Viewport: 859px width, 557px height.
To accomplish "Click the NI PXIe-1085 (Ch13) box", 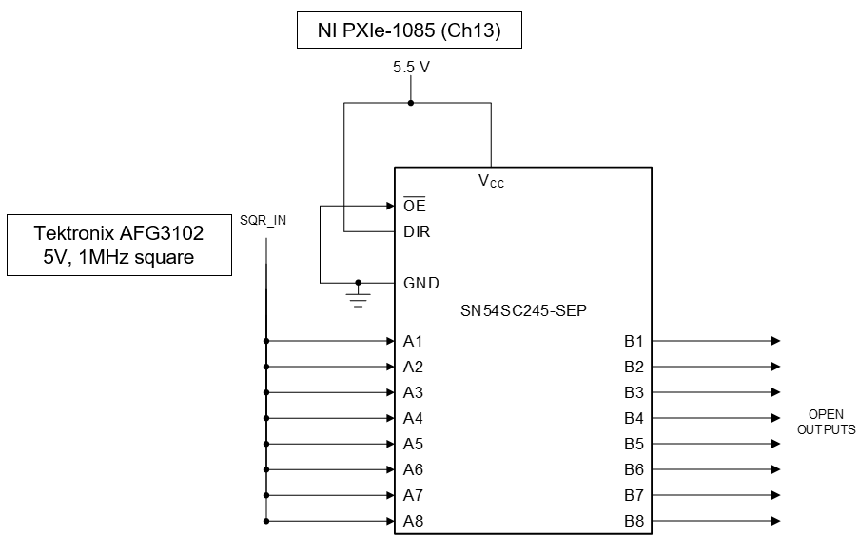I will pyautogui.click(x=409, y=33).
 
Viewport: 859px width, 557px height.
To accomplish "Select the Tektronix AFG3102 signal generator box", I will pyautogui.click(x=119, y=245).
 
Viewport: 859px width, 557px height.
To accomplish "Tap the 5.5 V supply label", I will pyautogui.click(x=410, y=69).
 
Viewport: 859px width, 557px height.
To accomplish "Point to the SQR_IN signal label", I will pyautogui.click(x=263, y=220).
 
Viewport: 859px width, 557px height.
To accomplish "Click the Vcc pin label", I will pyautogui.click(x=491, y=180).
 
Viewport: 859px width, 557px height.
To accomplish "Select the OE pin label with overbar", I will pyautogui.click(x=414, y=206).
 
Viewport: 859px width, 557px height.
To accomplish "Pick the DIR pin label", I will pyautogui.click(x=417, y=231).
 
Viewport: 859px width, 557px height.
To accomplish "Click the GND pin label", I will pyautogui.click(x=420, y=283).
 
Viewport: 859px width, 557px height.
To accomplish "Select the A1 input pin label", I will pyautogui.click(x=413, y=341).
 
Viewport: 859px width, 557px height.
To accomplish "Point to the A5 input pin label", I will pyautogui.click(x=413, y=444).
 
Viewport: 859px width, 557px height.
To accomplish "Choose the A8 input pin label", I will pyautogui.click(x=413, y=521).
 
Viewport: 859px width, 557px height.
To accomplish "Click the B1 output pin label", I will pyautogui.click(x=634, y=341).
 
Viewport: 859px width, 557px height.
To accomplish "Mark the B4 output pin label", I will pyautogui.click(x=634, y=418).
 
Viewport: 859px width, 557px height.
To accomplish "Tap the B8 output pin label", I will pyautogui.click(x=634, y=521).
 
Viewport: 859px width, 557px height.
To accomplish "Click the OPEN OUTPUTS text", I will pyautogui.click(x=826, y=422).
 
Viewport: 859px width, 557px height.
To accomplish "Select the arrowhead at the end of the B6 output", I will pyautogui.click(x=775, y=469).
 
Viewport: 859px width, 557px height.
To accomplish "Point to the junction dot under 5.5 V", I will pyautogui.click(x=410, y=103).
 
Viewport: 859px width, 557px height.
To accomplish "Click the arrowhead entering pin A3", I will pyautogui.click(x=389, y=392).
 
